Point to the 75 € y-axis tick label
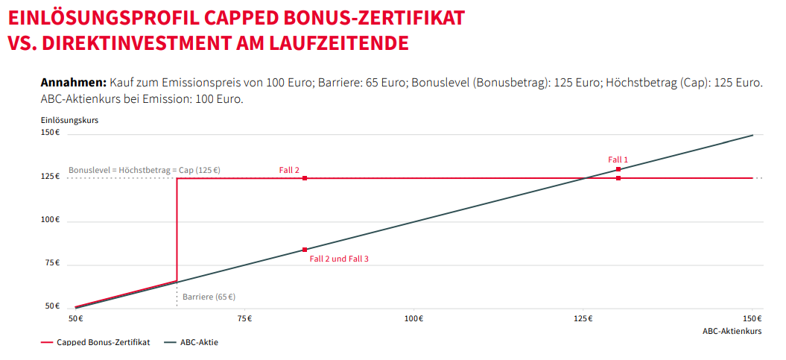point(51,263)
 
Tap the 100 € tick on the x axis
point(414,319)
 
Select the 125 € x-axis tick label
point(583,319)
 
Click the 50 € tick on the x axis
point(75,319)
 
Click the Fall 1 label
point(618,160)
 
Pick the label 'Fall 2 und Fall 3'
point(339,259)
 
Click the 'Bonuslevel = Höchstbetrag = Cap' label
point(145,170)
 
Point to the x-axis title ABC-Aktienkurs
point(732,329)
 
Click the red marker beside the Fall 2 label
point(305,178)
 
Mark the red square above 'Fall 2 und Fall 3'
point(305,250)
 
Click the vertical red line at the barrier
point(177,231)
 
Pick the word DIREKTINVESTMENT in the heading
point(138,42)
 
